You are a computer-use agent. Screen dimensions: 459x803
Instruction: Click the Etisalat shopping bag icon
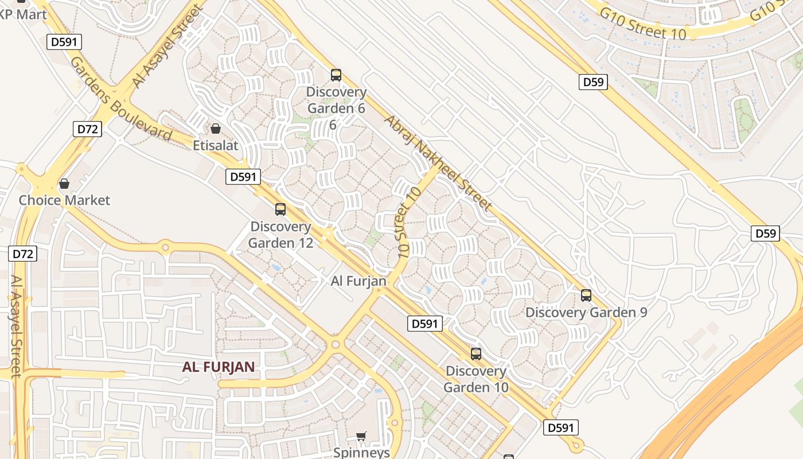(216, 128)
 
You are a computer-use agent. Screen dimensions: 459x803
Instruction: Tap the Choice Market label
(64, 200)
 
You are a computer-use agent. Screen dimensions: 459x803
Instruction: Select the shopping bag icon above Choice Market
(64, 184)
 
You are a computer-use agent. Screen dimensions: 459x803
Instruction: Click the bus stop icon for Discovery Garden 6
(336, 75)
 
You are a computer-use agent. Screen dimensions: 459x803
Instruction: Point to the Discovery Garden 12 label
(280, 235)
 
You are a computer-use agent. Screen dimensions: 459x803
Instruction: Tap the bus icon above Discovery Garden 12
(280, 209)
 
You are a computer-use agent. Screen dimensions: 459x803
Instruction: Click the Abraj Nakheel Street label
(438, 162)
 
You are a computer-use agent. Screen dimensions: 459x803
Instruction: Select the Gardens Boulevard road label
(120, 99)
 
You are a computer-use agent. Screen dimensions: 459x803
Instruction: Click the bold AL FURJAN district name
(219, 367)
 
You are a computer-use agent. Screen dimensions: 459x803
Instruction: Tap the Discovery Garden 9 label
(586, 313)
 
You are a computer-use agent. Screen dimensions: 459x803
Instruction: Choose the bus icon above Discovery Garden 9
(586, 295)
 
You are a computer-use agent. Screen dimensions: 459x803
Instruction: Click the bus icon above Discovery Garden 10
(475, 353)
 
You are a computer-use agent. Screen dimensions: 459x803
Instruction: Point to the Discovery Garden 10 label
(476, 379)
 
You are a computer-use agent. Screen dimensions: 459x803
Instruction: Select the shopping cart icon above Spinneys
(361, 437)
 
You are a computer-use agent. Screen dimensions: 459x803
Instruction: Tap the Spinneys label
(361, 452)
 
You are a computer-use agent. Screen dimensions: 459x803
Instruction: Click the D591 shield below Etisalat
(243, 177)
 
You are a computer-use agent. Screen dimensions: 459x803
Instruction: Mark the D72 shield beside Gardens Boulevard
(88, 129)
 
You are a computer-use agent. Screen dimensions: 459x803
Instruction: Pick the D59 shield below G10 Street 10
(593, 82)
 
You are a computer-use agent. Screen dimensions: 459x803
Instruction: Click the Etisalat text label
(215, 145)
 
